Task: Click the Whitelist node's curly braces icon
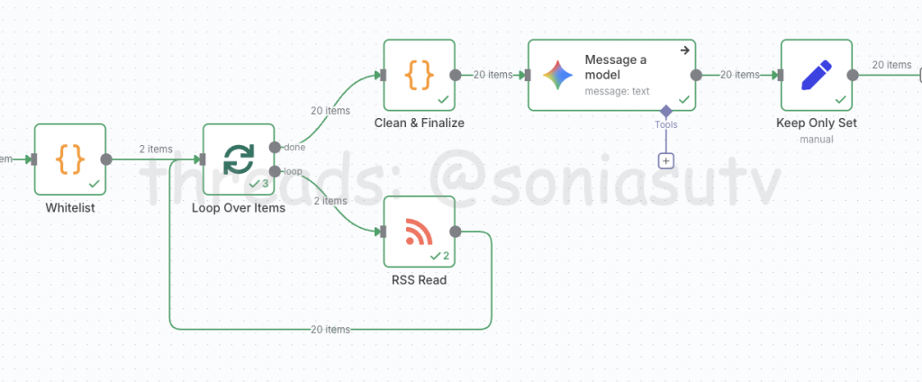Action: click(70, 159)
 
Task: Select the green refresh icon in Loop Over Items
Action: click(239, 159)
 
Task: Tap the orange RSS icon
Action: click(419, 232)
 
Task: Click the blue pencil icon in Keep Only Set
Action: click(816, 75)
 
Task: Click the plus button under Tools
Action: click(666, 160)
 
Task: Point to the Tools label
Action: click(666, 125)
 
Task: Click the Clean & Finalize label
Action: click(419, 123)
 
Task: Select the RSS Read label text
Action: click(419, 279)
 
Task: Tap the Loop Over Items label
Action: click(239, 207)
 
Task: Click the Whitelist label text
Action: click(70, 207)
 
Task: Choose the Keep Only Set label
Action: click(816, 123)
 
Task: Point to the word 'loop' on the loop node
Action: click(293, 170)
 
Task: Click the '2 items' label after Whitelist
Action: click(155, 149)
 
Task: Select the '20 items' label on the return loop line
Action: click(330, 330)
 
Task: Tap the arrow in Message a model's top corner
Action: click(684, 50)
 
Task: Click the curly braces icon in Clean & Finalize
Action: click(419, 75)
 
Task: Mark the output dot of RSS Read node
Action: click(455, 232)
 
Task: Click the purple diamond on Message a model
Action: click(666, 110)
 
